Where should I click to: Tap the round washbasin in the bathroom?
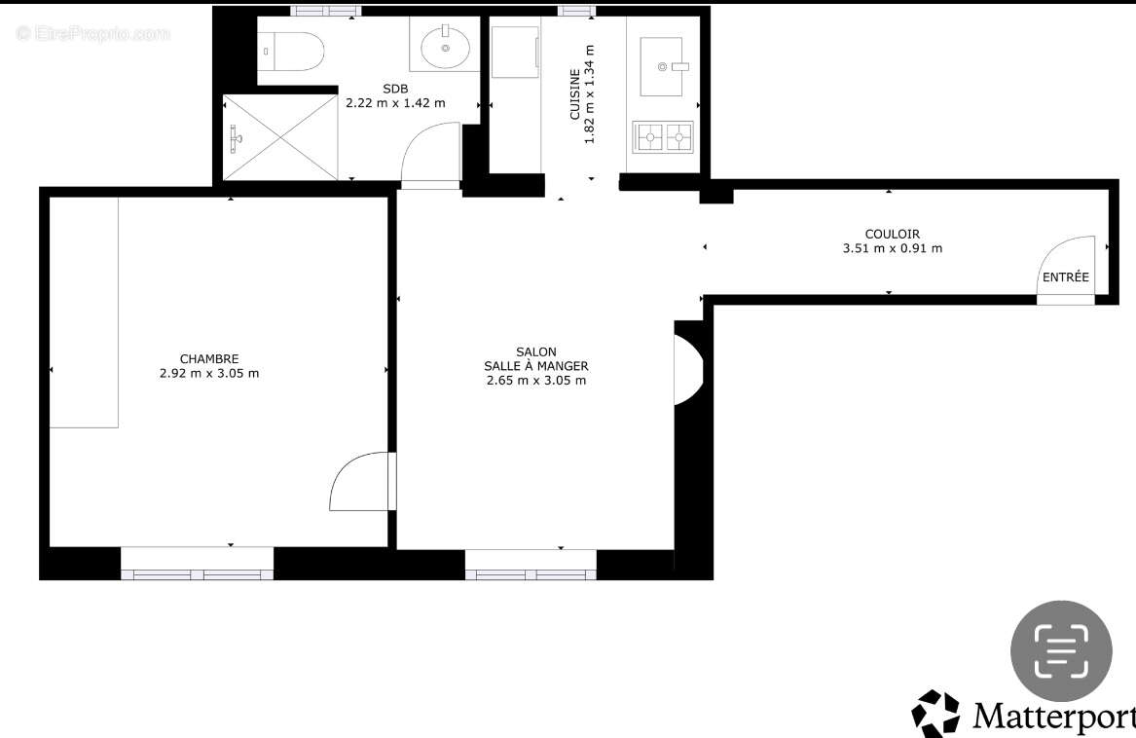pyautogui.click(x=446, y=47)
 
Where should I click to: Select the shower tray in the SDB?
pyautogui.click(x=280, y=137)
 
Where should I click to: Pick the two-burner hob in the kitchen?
pyautogui.click(x=664, y=137)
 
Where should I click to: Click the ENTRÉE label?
pyautogui.click(x=1066, y=277)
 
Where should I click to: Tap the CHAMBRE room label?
pyautogui.click(x=208, y=358)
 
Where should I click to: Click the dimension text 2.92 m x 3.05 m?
pyautogui.click(x=208, y=373)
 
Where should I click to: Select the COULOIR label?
pyautogui.click(x=892, y=234)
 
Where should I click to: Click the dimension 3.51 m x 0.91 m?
pyautogui.click(x=892, y=248)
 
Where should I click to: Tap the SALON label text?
pyautogui.click(x=535, y=351)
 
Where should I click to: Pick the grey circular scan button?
pyautogui.click(x=1060, y=650)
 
